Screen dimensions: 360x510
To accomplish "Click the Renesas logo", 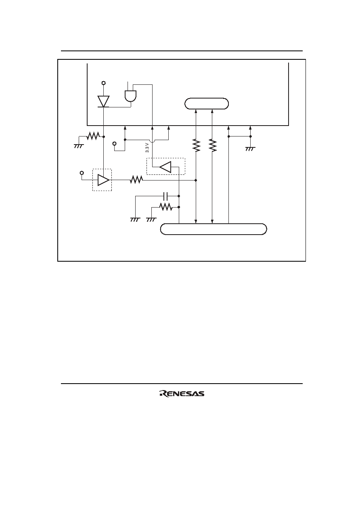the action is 182,393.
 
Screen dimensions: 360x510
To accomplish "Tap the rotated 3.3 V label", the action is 147,148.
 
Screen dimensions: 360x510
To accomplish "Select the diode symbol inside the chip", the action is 103,101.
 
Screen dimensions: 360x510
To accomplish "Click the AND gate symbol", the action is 131,96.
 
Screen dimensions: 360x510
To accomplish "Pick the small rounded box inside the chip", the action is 206,104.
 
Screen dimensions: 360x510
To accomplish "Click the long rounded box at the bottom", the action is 213,229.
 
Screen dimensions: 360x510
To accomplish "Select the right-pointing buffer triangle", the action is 104,180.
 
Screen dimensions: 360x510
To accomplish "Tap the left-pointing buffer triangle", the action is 165,167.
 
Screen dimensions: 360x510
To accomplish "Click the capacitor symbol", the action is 165,196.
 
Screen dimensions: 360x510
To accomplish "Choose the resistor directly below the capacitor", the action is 165,207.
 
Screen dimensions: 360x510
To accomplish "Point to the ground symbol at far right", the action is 250,149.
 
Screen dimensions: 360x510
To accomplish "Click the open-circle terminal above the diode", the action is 104,83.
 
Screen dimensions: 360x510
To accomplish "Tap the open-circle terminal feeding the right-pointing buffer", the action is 82,173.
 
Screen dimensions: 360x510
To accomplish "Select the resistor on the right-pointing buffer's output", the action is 136,180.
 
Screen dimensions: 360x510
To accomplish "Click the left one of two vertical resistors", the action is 196,145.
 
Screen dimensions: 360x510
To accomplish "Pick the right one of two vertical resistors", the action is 212,145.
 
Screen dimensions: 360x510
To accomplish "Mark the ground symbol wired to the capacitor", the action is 135,220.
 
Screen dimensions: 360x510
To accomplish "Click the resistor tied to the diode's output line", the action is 93,136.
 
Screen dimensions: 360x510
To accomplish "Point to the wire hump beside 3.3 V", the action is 152,141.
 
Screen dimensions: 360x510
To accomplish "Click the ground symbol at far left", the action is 79,146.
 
